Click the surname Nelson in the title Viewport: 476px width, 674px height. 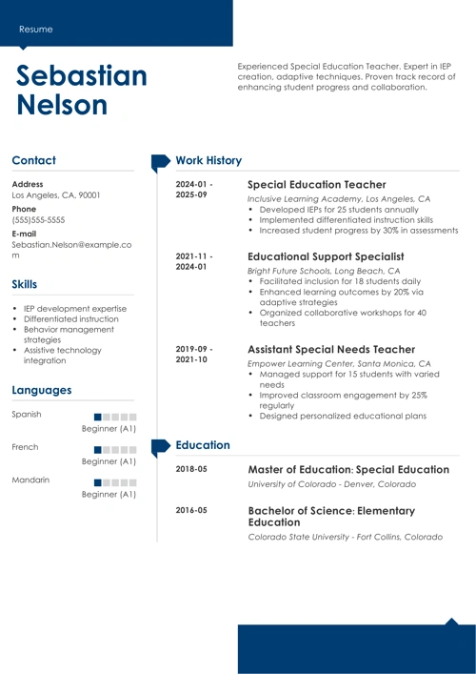[x=61, y=105]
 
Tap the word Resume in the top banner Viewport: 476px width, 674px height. [x=36, y=30]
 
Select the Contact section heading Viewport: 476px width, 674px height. [x=34, y=161]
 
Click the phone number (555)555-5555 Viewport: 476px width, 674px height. [x=39, y=219]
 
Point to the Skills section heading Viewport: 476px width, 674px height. [x=25, y=284]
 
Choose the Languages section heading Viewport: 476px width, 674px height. [x=42, y=390]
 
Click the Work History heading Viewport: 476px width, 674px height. [x=209, y=161]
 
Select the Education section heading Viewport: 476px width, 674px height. [x=203, y=445]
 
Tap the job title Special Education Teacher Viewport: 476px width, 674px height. [x=316, y=184]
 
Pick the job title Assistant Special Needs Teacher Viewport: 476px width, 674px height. [x=331, y=350]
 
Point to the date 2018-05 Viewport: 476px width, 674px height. [x=191, y=470]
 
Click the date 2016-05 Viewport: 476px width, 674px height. [x=191, y=511]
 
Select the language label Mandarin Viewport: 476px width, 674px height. [x=30, y=480]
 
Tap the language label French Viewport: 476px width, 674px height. [x=25, y=447]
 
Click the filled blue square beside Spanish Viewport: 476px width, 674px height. [x=99, y=417]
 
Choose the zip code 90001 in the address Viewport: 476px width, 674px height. [x=89, y=195]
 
